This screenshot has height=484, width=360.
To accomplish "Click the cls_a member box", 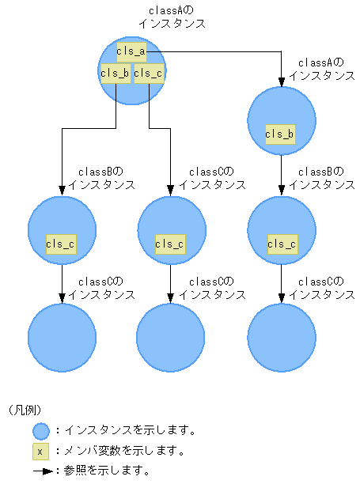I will tap(131, 51).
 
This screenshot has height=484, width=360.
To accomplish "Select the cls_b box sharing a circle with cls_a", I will tap(115, 74).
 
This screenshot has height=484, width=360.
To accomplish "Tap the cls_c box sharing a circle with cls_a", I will tap(148, 74).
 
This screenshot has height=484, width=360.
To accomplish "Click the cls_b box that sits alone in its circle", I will tap(281, 134).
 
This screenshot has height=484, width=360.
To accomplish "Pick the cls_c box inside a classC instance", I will tap(171, 244).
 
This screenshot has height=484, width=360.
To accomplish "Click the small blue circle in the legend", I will tap(41, 431).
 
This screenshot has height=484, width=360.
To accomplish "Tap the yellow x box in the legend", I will tap(41, 452).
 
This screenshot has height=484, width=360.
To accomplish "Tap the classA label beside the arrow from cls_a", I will tap(320, 69).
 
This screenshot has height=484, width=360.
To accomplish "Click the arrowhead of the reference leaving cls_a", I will tap(282, 81).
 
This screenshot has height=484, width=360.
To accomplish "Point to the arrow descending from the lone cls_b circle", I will tap(282, 174).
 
